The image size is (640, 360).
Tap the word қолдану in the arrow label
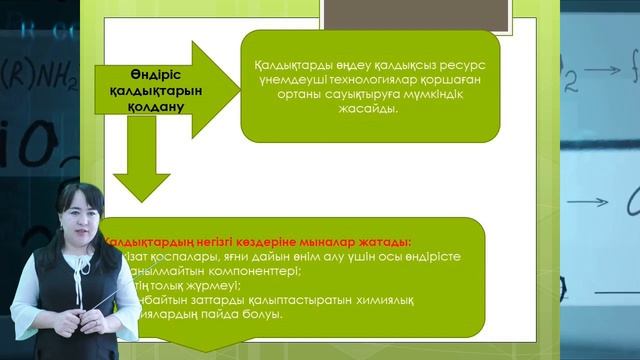145,103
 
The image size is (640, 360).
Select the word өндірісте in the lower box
431,257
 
